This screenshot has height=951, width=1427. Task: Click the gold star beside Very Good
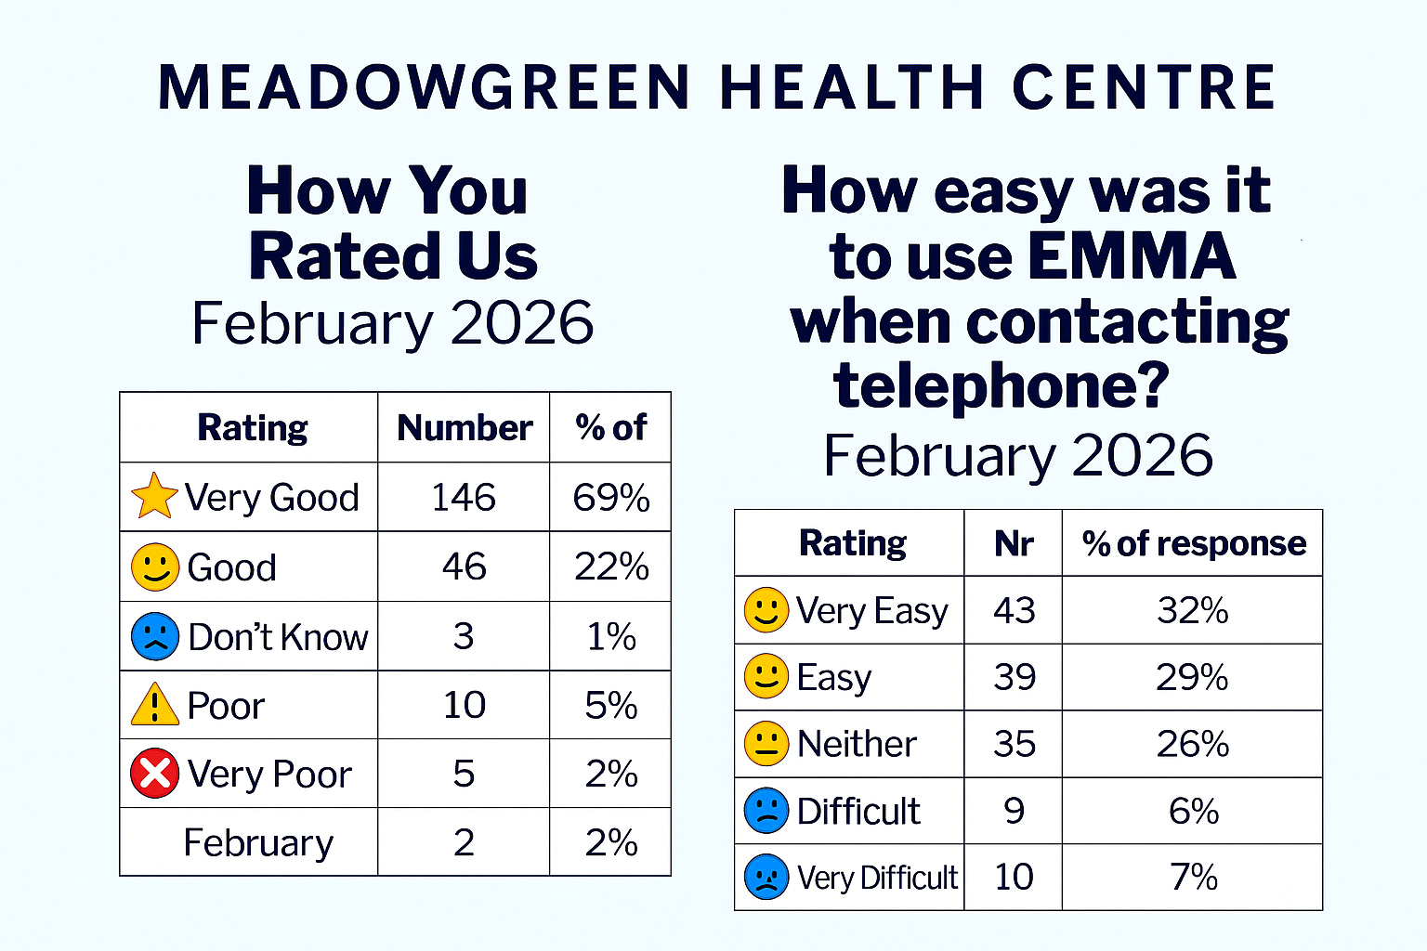pos(154,496)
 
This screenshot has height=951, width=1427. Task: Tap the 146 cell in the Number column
pos(464,498)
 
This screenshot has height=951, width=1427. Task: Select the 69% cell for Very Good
pos(610,498)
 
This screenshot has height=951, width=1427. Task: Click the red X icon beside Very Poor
pos(155,773)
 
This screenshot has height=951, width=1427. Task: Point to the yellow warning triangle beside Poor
pos(155,705)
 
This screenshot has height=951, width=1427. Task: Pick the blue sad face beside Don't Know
pos(155,636)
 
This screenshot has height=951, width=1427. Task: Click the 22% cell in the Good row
pos(610,567)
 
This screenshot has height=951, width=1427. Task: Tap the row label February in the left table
pos(258,842)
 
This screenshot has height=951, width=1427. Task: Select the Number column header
pos(464,427)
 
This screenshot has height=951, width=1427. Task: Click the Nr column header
pos(1014,543)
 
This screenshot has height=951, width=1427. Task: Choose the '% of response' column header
pos(1193,543)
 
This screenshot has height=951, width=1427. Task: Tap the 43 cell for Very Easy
pos(1014,610)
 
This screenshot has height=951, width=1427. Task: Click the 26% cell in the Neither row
pos(1193,744)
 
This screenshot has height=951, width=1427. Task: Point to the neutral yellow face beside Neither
pos(766,744)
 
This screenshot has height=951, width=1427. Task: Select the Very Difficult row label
pos(876,878)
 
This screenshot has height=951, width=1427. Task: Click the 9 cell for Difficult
pos(1014,811)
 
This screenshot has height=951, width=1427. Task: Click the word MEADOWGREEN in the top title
pos(424,88)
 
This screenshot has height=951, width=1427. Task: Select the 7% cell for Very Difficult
pos(1193,878)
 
